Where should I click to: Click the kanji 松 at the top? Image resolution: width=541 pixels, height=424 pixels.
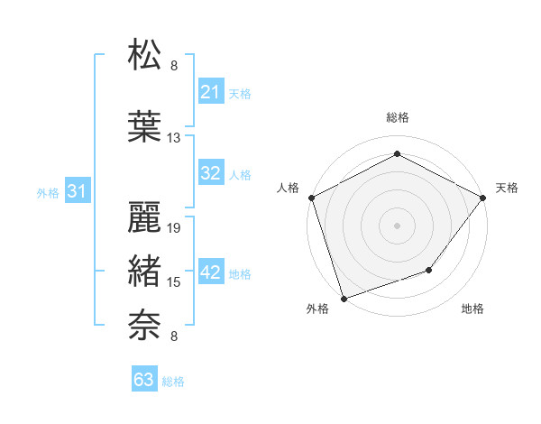tap(145, 55)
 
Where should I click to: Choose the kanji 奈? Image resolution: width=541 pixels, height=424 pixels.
tap(145, 323)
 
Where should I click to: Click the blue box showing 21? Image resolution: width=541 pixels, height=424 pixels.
tap(211, 92)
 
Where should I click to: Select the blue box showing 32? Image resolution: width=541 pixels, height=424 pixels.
tap(211, 173)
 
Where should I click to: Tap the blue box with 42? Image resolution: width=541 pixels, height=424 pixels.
tap(211, 273)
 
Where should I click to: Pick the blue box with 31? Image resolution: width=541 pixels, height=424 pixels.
tap(77, 191)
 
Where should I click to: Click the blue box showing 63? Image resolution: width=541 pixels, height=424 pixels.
tap(144, 380)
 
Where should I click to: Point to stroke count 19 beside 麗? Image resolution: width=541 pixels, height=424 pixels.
tap(175, 228)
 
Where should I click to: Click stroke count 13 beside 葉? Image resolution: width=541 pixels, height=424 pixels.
tap(174, 138)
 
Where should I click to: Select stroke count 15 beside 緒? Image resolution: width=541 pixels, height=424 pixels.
tap(175, 282)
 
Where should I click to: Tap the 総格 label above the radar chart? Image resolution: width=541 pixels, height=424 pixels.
tap(397, 118)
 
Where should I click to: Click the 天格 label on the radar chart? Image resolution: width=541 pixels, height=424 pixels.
tap(507, 188)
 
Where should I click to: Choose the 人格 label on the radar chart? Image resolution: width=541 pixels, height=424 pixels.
tap(288, 188)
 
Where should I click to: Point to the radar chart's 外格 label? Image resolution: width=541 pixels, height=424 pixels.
tap(317, 309)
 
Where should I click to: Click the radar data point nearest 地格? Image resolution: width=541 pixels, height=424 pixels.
tap(430, 270)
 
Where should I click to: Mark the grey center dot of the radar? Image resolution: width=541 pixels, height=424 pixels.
tap(397, 225)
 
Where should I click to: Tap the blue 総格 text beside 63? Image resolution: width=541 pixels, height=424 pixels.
tap(173, 382)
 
